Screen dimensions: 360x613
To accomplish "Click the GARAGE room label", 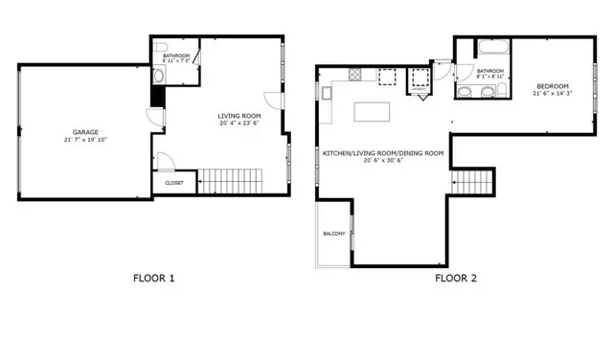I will click(85, 132).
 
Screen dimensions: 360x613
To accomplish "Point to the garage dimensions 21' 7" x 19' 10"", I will click(85, 140).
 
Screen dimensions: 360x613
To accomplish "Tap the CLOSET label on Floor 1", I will click(174, 182).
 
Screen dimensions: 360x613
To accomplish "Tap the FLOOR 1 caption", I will click(153, 280).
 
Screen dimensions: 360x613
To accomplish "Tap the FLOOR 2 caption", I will click(456, 280).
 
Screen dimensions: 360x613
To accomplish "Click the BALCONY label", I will click(333, 234).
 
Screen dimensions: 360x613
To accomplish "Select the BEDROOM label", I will click(555, 86).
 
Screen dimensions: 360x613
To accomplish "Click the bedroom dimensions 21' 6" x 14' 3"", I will click(555, 94).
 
